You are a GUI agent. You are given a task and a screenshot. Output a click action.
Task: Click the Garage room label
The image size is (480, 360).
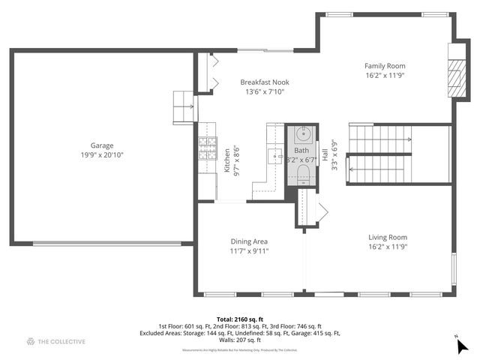(x=102, y=145)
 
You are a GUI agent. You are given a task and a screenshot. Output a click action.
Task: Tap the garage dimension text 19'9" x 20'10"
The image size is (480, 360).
(x=102, y=155)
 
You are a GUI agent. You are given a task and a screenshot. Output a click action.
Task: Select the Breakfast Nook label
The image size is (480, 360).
(x=265, y=82)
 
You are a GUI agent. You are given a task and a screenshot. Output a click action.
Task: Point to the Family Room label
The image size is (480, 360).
(x=385, y=66)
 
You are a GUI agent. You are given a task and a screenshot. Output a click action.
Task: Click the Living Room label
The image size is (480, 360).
(x=388, y=237)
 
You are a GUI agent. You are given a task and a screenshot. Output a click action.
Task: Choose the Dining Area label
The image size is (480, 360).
(x=249, y=241)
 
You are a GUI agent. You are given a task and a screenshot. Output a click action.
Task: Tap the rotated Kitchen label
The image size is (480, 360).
(x=227, y=160)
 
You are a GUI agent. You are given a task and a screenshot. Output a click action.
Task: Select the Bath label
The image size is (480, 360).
(x=301, y=151)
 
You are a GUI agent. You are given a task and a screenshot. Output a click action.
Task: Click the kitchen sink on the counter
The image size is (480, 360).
(x=273, y=156)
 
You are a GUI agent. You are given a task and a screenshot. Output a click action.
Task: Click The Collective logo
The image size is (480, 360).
(x=56, y=342)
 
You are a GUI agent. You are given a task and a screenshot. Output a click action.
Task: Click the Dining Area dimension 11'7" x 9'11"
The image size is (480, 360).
(x=249, y=251)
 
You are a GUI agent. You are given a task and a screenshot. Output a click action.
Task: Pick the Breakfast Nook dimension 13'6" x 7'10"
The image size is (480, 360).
(x=265, y=92)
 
